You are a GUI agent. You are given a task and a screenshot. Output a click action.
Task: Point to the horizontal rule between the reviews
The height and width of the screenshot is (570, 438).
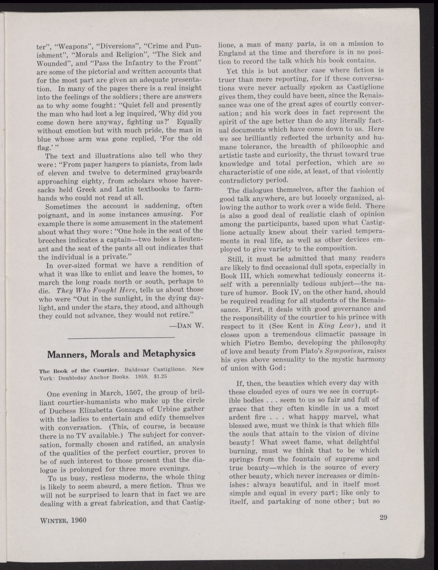tap(121, 338)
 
